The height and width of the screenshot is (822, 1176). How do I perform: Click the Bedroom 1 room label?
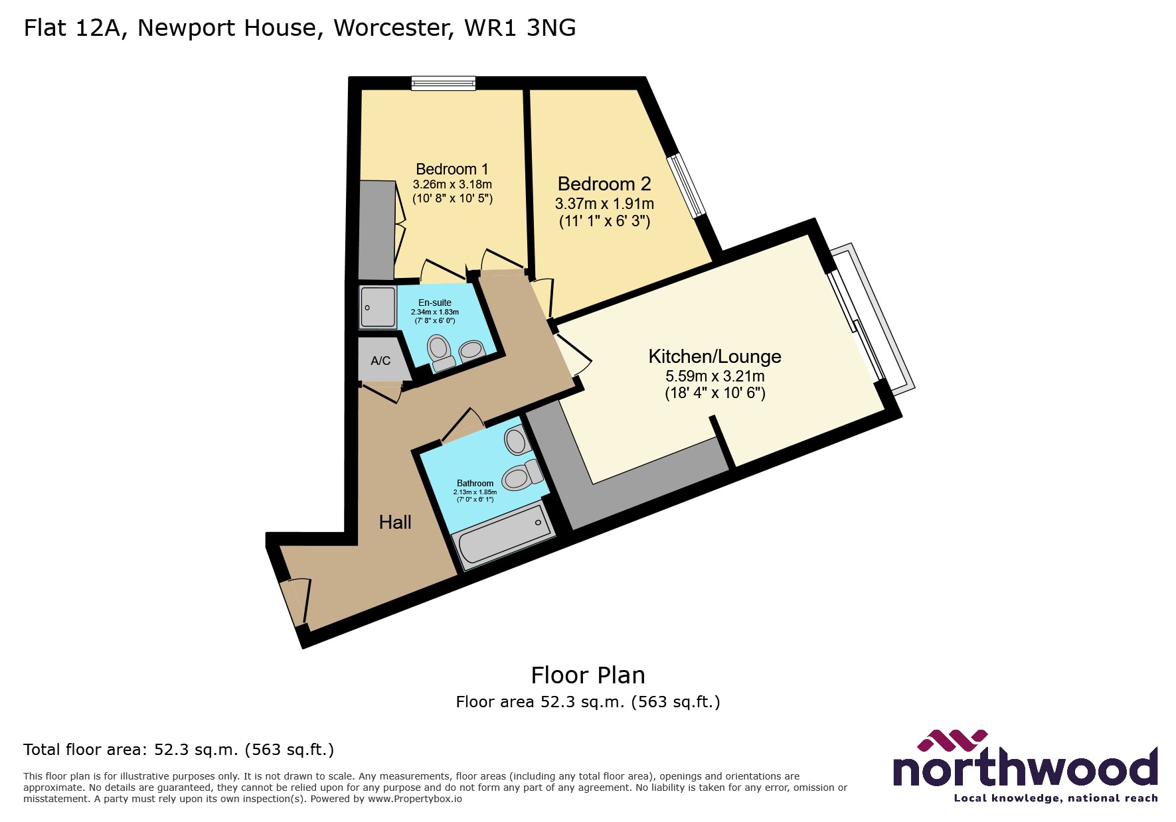pos(452,169)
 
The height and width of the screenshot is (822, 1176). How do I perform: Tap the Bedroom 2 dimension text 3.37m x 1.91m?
pos(604,204)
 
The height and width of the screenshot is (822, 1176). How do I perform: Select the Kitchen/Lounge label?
pos(714,356)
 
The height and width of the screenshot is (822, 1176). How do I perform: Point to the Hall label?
pos(395,522)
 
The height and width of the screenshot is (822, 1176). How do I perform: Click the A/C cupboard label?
pos(380,361)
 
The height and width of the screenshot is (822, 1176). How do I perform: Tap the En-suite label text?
pos(435,303)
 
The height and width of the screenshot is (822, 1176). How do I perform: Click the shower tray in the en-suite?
pos(378,307)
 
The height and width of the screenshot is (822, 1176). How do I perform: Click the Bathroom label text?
pos(475,483)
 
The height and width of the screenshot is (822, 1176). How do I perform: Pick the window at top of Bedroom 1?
pos(443,83)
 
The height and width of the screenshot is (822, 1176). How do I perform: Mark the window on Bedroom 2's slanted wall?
pos(687,186)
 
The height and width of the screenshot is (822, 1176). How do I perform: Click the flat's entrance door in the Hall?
pos(294,601)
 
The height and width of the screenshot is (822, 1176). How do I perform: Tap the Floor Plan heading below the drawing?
pos(588,675)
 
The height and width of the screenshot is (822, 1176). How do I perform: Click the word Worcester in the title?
pos(394,28)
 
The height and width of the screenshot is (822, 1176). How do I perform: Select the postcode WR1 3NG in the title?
pos(520,28)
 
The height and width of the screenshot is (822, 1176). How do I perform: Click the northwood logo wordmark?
pos(1025,768)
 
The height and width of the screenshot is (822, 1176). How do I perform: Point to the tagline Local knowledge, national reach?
pos(1056,798)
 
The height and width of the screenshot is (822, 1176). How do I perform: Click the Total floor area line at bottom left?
pos(179,750)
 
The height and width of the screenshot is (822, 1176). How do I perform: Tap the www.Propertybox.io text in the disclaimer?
pos(415,799)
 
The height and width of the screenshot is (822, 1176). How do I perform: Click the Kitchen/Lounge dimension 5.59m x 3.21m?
pos(714,376)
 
